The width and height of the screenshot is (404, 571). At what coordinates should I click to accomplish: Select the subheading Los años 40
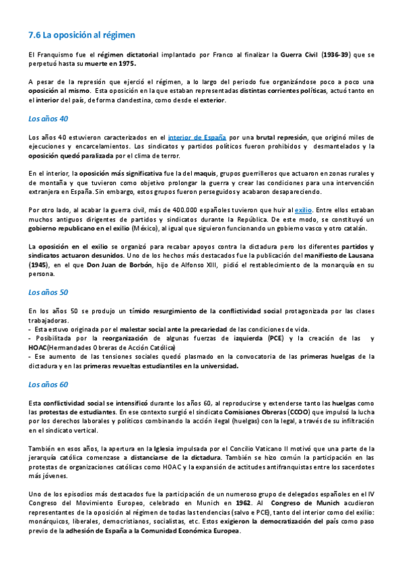(x=48, y=119)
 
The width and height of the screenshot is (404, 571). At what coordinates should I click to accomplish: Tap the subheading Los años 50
(x=48, y=293)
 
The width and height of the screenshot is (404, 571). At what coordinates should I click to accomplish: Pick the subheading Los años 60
(x=48, y=385)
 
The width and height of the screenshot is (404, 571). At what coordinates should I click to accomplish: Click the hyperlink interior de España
(x=197, y=137)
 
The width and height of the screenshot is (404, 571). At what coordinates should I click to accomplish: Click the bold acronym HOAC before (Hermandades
(x=38, y=347)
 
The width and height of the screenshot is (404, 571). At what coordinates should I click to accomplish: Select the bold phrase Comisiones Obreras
(x=254, y=411)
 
